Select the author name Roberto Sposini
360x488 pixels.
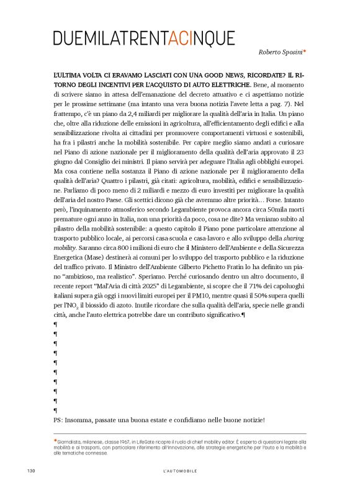(x=279, y=53)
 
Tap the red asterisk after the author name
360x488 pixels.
(x=305, y=52)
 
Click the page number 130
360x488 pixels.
(x=30, y=471)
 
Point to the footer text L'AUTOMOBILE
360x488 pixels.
(x=179, y=471)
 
